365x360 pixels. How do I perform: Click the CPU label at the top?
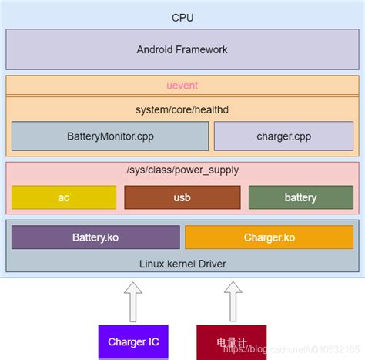point(182,16)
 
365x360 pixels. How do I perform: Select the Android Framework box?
point(182,49)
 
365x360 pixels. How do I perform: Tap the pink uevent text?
point(182,84)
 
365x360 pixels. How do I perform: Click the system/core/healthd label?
point(182,109)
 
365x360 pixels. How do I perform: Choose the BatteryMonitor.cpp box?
point(110,136)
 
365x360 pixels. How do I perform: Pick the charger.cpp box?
point(283,136)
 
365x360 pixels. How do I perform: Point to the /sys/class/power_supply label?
point(182,170)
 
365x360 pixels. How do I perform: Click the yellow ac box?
point(64,197)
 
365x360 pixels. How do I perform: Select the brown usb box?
point(182,197)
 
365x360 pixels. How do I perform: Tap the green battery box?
point(300,197)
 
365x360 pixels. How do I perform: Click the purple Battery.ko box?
point(95,237)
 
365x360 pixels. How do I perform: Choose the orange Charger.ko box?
point(269,237)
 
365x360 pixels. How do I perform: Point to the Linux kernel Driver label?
point(182,264)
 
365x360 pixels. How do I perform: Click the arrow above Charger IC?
point(132,301)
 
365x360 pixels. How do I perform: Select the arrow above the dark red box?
point(232,301)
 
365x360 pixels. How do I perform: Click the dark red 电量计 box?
point(232,341)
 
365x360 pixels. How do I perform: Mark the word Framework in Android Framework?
point(202,49)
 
